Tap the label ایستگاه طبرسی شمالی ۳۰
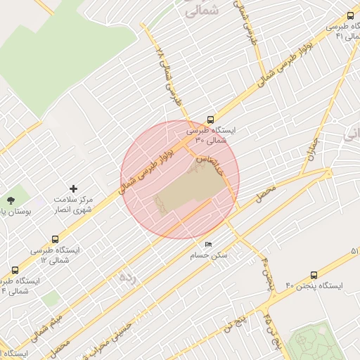(212, 135)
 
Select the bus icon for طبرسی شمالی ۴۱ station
(350, 15)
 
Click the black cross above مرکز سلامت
(73, 188)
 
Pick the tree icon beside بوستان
(10, 202)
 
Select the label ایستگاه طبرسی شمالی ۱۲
(55, 255)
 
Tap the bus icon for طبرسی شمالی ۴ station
(15, 270)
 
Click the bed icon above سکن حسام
(208, 244)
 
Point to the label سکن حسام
(209, 255)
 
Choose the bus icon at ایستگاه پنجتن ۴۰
(313, 275)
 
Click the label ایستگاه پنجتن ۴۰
(314, 285)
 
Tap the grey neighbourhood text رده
(127, 278)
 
